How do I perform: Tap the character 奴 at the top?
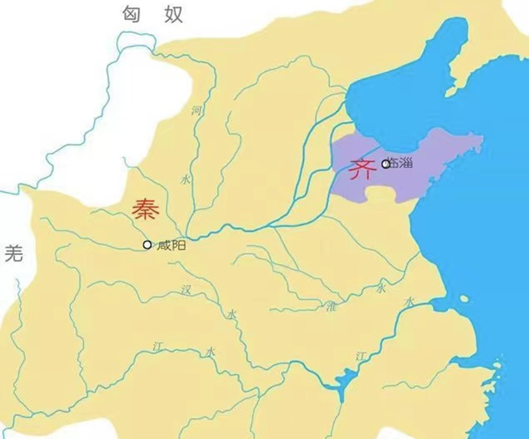(173, 13)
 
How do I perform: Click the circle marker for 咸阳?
(147, 245)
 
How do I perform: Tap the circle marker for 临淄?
(385, 164)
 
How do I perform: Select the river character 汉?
(187, 290)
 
